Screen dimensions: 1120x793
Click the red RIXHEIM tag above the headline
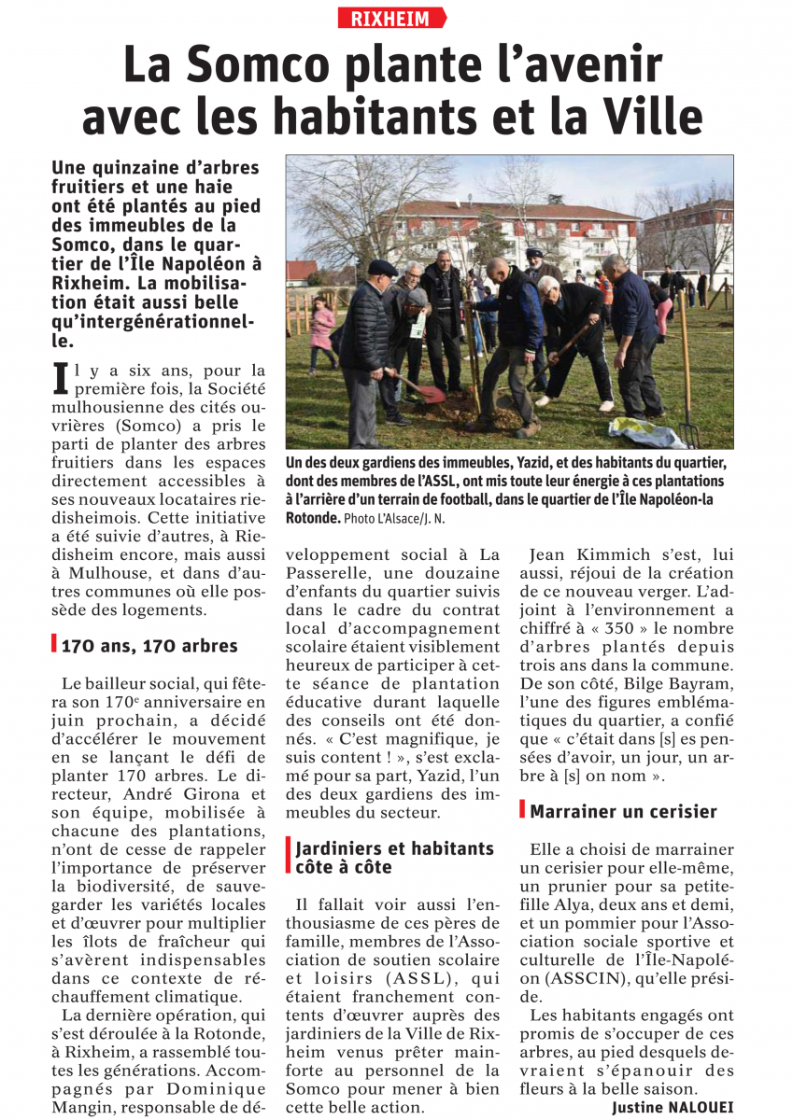click(391, 18)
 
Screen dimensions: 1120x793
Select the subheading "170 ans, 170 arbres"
click(149, 645)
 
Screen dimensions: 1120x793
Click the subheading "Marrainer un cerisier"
click(623, 811)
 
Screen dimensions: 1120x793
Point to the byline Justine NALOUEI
click(673, 1107)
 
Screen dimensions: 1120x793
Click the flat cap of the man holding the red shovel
click(381, 267)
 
